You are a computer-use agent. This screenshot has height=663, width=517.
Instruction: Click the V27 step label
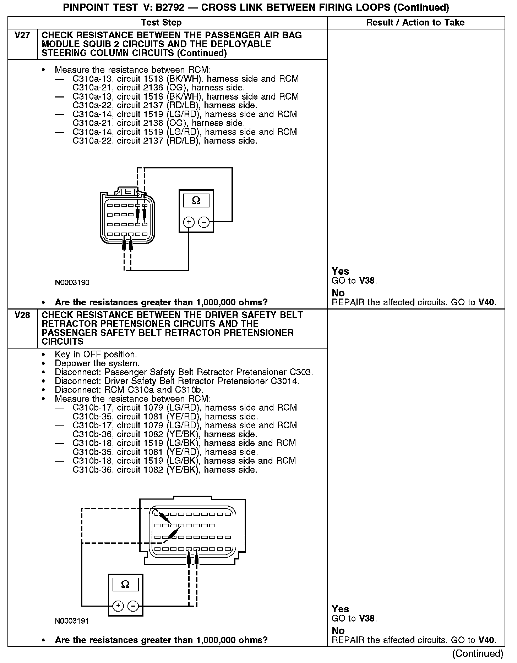[x=22, y=35]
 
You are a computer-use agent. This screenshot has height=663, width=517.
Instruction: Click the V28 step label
[x=22, y=315]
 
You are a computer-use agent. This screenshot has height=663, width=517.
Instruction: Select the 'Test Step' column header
[x=161, y=23]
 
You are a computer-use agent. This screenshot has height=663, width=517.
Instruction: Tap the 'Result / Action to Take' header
[x=415, y=23]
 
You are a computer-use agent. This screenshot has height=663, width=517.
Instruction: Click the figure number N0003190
[x=72, y=283]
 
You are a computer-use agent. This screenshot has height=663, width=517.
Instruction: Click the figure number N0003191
[x=72, y=621]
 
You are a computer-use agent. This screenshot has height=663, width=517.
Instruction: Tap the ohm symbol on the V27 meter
[x=196, y=201]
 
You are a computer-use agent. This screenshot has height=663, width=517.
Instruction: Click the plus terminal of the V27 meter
[x=189, y=222]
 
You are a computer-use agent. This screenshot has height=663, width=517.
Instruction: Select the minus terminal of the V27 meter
[x=204, y=222]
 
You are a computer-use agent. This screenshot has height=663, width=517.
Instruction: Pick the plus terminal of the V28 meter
[x=118, y=606]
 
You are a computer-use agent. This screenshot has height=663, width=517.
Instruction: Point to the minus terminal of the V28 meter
[x=133, y=606]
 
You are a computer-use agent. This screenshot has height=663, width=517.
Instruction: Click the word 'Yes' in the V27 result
[x=340, y=271]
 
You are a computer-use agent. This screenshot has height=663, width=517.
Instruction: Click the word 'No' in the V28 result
[x=338, y=631]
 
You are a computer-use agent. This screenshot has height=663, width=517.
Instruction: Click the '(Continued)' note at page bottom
[x=478, y=653]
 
